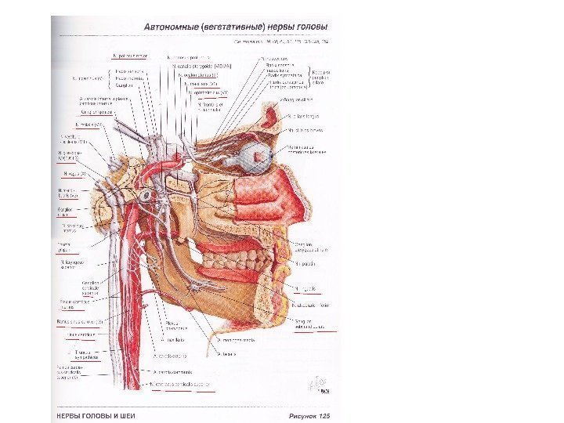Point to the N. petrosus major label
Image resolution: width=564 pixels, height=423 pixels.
pyautogui.click(x=130, y=56)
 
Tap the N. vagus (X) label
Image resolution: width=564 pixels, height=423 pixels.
pyautogui.click(x=74, y=173)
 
